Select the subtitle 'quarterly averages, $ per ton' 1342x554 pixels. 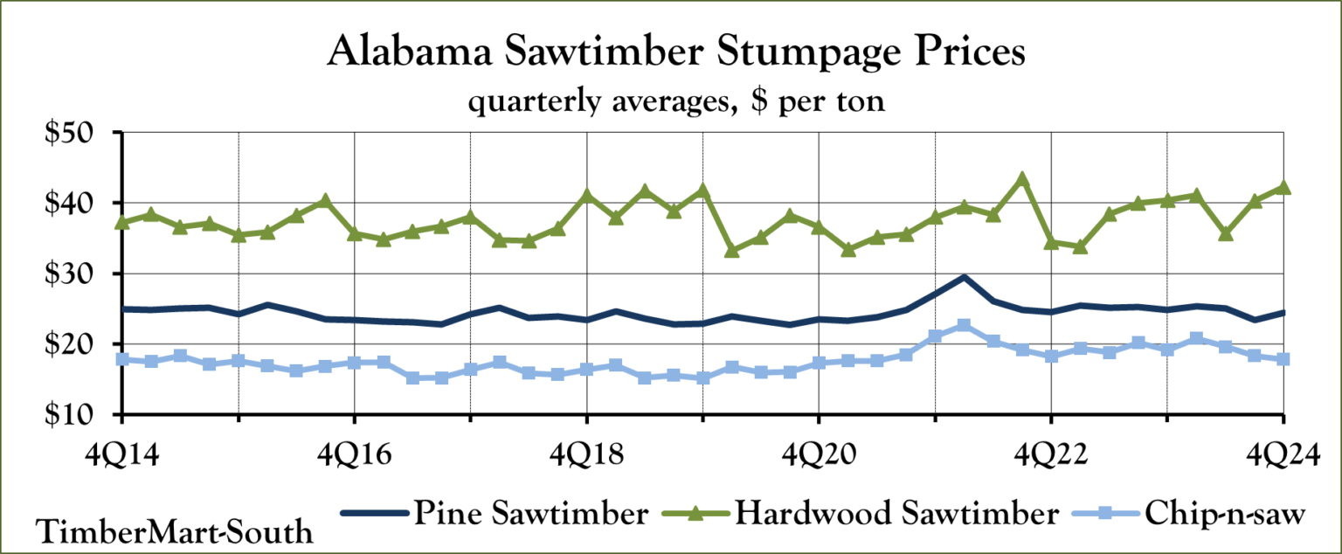(677, 102)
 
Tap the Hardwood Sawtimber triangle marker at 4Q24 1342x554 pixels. (1283, 187)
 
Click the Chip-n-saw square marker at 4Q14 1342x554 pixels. (122, 359)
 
